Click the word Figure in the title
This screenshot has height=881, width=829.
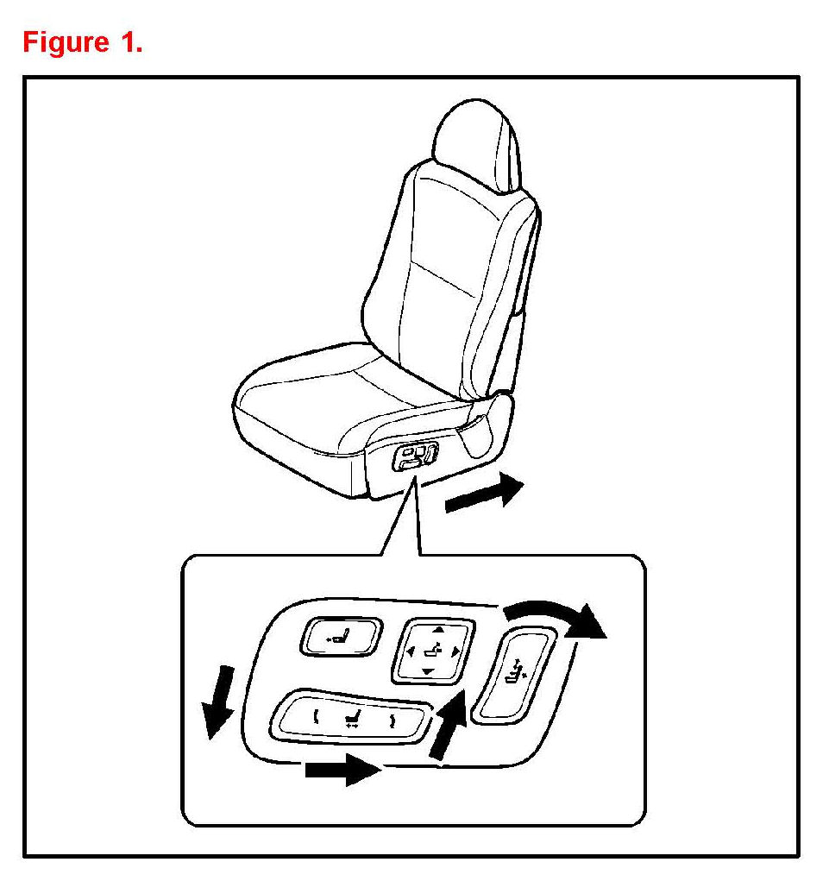[x=61, y=42]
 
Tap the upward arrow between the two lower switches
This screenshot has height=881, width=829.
[x=448, y=727]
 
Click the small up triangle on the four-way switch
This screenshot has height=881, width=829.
[x=436, y=632]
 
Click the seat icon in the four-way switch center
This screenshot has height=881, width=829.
[x=435, y=651]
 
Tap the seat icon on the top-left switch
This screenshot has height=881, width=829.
[x=341, y=639]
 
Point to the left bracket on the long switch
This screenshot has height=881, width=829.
[x=316, y=714]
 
